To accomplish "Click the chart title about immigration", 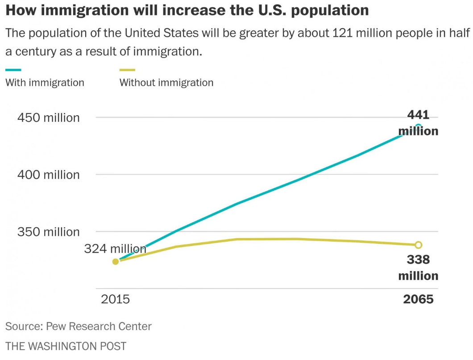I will pyautogui.click(x=187, y=10).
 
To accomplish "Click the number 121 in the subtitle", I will pyautogui.click(x=342, y=33).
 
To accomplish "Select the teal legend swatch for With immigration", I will pyautogui.click(x=13, y=70).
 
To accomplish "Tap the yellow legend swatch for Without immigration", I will pyautogui.click(x=127, y=70).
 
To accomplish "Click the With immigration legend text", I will pyautogui.click(x=45, y=83).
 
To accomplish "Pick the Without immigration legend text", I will pyautogui.click(x=166, y=83).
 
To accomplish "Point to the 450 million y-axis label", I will pyautogui.click(x=48, y=118).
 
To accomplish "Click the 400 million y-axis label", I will pyautogui.click(x=48, y=175).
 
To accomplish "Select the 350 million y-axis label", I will pyautogui.click(x=48, y=232).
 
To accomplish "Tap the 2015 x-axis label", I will pyautogui.click(x=115, y=299).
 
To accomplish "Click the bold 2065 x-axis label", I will pyautogui.click(x=418, y=299).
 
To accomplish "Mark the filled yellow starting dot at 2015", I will pyautogui.click(x=116, y=261).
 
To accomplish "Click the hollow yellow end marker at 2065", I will pyautogui.click(x=419, y=245).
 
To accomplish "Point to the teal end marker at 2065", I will pyautogui.click(x=419, y=127).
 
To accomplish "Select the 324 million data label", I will pyautogui.click(x=115, y=249).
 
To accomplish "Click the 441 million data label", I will pyautogui.click(x=418, y=123).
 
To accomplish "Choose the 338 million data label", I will pyautogui.click(x=418, y=267).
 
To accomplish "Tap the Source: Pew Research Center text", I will pyautogui.click(x=78, y=327).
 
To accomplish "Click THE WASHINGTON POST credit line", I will pyautogui.click(x=66, y=346).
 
